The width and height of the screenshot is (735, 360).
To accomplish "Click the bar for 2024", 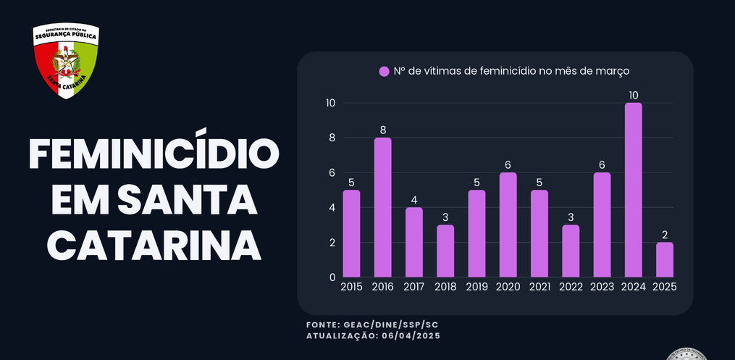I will (x=634, y=190).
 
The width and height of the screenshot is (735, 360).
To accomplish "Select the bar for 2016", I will (x=382, y=207).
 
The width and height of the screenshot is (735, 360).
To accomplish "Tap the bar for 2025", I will (x=665, y=259).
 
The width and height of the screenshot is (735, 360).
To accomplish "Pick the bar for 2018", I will (x=445, y=251).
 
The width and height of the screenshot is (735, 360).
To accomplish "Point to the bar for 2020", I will (x=508, y=225).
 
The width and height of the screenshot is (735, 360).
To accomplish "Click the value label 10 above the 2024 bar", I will (x=634, y=96).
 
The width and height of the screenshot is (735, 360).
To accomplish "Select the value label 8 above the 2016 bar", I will (x=382, y=130).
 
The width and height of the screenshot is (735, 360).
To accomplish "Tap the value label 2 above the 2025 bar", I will (x=665, y=235).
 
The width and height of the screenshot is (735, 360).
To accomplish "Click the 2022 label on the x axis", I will (x=571, y=287).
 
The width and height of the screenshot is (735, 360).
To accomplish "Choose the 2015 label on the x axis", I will (x=351, y=287).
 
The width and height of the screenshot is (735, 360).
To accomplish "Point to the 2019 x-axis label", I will (x=476, y=287).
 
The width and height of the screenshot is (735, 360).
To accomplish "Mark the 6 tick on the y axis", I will (x=332, y=172).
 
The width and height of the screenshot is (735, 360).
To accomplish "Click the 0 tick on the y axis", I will (x=332, y=277).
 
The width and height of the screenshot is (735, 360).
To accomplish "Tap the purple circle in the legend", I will (x=384, y=72).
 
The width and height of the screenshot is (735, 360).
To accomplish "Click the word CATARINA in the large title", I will (x=154, y=246).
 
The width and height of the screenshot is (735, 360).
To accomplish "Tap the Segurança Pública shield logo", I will (x=66, y=62).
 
